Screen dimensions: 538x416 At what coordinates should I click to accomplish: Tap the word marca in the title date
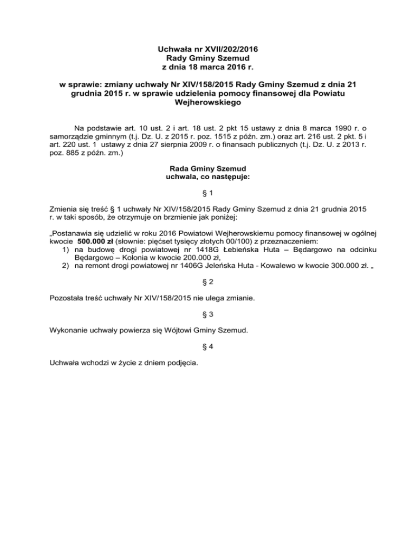[x=213, y=67]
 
